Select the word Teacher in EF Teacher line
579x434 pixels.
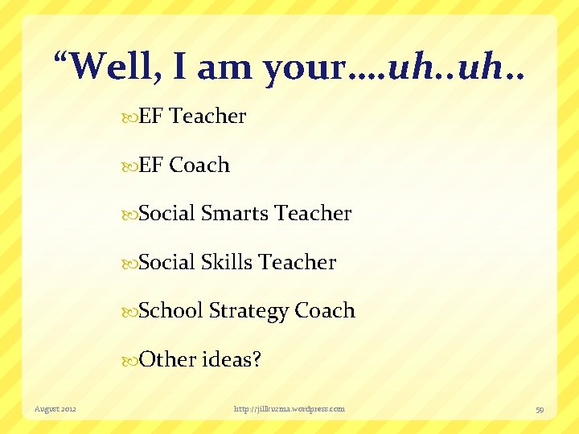coord(208,117)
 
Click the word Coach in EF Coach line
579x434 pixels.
coord(199,166)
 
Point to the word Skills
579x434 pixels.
coord(227,262)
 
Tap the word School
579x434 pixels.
coord(170,311)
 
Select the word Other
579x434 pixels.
coord(167,359)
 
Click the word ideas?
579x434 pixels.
coord(231,359)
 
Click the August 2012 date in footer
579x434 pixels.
coord(55,409)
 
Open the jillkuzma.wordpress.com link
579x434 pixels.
coord(289,409)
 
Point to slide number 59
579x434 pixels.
coord(540,409)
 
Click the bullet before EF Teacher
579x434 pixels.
coord(132,117)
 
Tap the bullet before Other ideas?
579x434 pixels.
coord(132,360)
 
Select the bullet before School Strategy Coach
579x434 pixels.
coord(132,312)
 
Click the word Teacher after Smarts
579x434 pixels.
coord(313,214)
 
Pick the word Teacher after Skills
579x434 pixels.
coord(298,262)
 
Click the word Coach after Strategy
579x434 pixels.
coord(325,311)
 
